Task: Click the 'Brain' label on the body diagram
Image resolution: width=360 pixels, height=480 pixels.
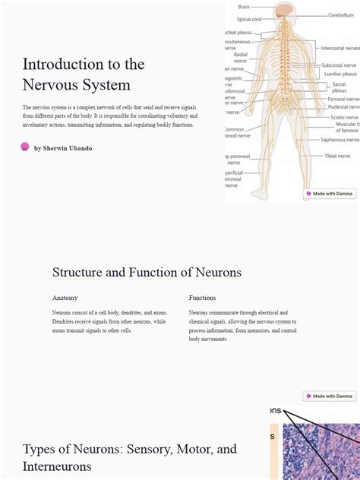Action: pos(244,7)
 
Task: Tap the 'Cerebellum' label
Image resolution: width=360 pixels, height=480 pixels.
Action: pos(340,15)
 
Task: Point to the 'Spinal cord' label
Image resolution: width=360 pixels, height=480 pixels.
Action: pos(249,20)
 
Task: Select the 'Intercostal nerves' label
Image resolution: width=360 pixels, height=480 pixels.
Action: pos(339,48)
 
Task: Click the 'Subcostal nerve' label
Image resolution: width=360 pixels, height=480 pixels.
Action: pos(339,65)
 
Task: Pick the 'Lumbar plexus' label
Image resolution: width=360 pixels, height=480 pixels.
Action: pos(339,74)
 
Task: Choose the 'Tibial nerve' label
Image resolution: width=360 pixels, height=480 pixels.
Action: pos(337,156)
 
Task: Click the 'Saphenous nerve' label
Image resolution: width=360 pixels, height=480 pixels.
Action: pos(339,140)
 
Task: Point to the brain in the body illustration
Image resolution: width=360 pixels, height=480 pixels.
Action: pos(284,11)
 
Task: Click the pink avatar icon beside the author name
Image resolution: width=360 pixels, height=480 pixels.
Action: pos(25,147)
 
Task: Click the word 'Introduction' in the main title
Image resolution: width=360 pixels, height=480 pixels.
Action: pos(62,64)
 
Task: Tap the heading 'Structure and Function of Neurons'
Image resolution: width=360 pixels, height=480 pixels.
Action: pos(147,272)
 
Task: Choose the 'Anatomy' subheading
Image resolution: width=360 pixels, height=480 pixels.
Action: pos(65,298)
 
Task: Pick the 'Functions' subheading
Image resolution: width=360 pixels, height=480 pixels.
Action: pos(202,298)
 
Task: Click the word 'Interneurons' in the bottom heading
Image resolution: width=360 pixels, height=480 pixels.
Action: pos(58,466)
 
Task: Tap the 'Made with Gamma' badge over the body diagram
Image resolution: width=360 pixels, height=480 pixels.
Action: pos(330,194)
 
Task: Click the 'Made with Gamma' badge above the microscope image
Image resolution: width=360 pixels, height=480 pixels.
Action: pos(330,396)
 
